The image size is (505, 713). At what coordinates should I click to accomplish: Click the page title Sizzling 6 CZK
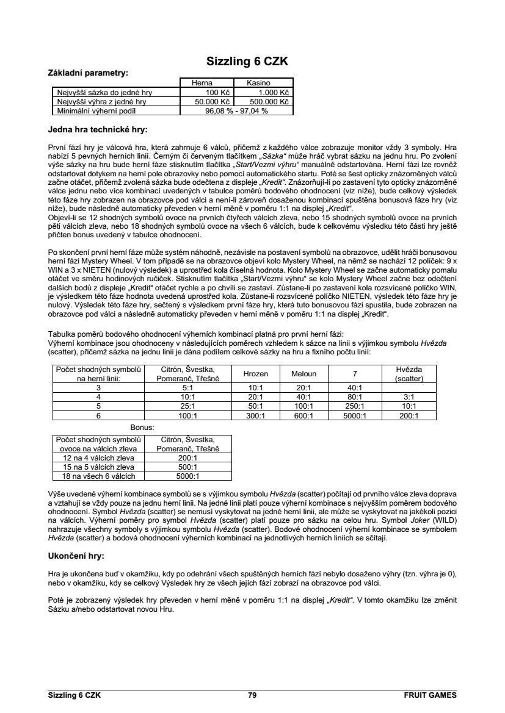click(247, 62)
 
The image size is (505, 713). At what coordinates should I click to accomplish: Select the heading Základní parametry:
click(88, 73)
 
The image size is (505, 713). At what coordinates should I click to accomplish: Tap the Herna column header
click(202, 83)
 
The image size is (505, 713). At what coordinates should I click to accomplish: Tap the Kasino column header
click(258, 83)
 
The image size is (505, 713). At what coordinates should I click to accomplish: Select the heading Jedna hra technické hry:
click(98, 129)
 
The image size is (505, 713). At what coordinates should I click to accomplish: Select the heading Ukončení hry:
click(76, 556)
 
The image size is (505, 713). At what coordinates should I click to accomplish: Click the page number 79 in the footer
click(252, 695)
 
